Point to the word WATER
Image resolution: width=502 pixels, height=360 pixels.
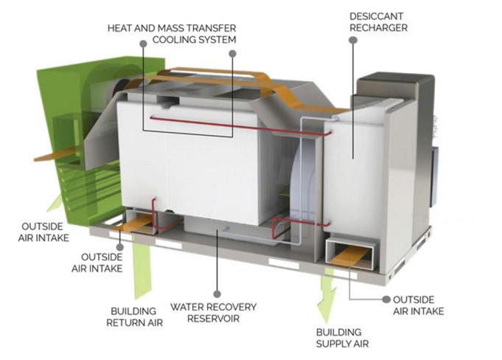(186, 306)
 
